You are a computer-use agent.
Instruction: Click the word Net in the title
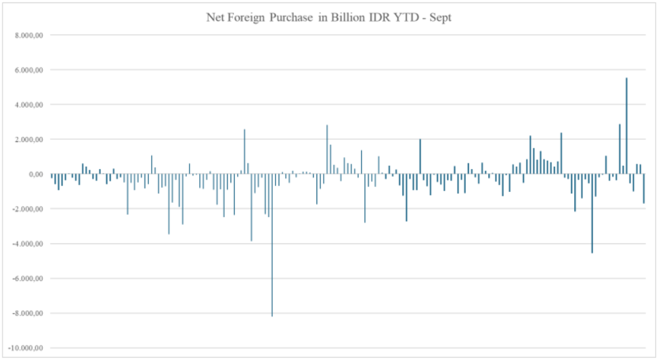click(214, 18)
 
